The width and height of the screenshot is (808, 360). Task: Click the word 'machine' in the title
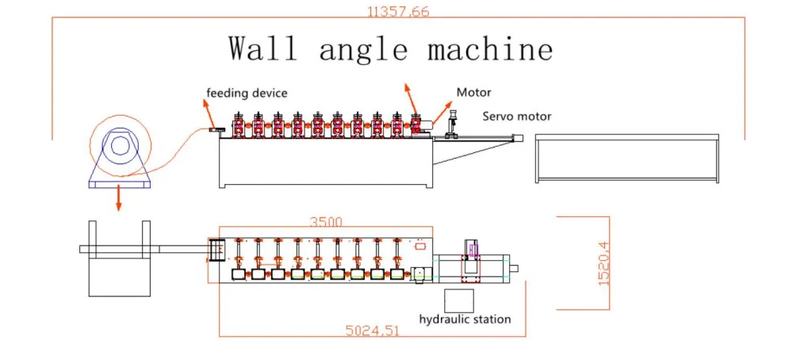[490, 49]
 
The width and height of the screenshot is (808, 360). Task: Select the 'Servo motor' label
[517, 117]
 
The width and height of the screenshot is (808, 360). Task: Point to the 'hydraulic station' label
[465, 320]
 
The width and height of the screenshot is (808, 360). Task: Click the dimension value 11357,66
[398, 11]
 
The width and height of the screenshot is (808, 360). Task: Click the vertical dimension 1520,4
[604, 263]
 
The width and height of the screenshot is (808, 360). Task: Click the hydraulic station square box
[458, 301]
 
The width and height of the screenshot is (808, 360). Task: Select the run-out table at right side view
[626, 159]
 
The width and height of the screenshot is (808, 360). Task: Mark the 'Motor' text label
[473, 93]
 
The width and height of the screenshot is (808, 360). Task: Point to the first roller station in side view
[238, 125]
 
